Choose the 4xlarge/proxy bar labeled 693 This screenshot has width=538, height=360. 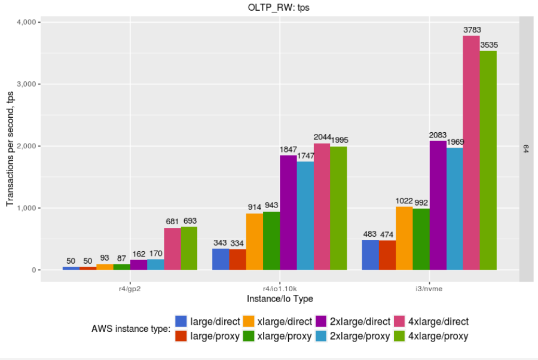189,248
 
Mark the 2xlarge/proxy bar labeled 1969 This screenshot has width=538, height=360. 455,209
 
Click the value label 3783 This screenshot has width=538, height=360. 472,29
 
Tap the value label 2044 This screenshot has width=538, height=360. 322,137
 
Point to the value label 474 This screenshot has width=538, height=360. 387,234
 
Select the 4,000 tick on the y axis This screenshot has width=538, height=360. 26,22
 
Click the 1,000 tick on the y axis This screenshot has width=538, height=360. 26,208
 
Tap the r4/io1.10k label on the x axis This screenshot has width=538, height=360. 280,288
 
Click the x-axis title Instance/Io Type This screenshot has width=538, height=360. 280,298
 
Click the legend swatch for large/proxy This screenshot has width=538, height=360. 181,336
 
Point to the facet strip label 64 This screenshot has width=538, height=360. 526,148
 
